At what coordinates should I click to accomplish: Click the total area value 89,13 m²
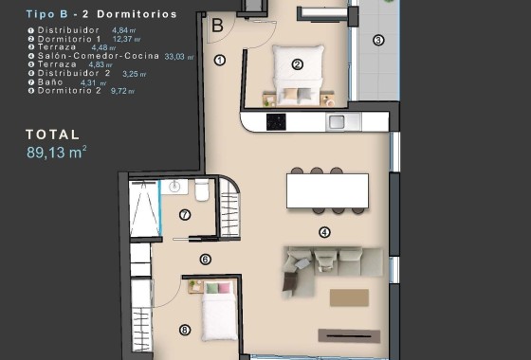click(57, 151)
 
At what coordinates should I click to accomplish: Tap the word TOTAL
click(53, 135)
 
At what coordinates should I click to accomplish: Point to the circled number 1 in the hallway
click(220, 60)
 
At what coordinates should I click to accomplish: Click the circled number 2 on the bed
click(297, 64)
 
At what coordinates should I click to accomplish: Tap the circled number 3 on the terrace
click(377, 40)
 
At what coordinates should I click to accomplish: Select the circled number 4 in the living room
click(324, 231)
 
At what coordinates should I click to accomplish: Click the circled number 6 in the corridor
click(205, 259)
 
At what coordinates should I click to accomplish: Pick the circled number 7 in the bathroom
click(185, 215)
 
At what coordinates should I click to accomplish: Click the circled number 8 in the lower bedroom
click(184, 330)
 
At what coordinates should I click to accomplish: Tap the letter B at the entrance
click(217, 26)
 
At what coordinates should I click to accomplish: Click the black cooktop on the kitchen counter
click(278, 121)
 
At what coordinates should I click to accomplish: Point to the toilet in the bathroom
click(202, 192)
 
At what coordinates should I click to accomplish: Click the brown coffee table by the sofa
click(348, 297)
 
